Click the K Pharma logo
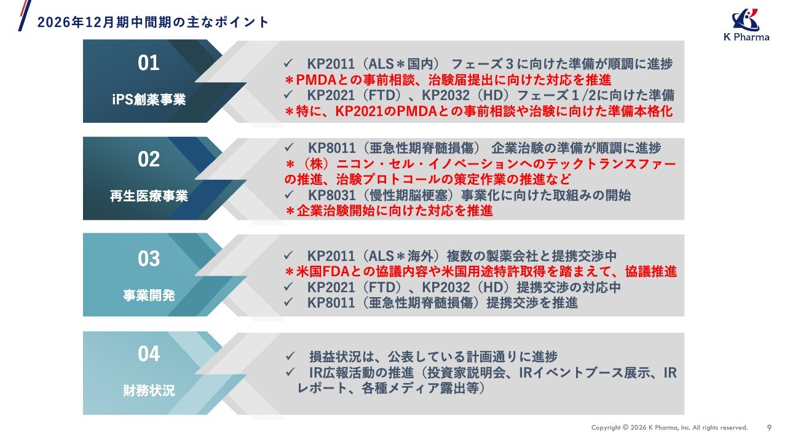(x=746, y=25)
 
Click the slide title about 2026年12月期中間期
(x=153, y=22)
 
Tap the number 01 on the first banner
(x=149, y=63)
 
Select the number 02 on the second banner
(x=149, y=159)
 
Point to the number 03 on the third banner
(x=149, y=258)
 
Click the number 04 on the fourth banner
(x=149, y=354)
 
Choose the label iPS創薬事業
(x=149, y=99)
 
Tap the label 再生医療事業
(x=149, y=196)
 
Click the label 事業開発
(x=149, y=295)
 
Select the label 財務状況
(x=149, y=390)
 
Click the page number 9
(x=769, y=428)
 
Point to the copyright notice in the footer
(x=670, y=428)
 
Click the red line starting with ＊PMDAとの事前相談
(x=448, y=80)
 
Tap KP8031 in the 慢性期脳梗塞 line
(x=331, y=195)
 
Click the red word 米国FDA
(x=317, y=271)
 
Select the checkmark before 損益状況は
(x=290, y=357)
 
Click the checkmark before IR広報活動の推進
(x=290, y=372)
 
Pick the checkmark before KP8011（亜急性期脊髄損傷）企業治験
(x=289, y=147)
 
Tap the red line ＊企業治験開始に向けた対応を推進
(x=389, y=211)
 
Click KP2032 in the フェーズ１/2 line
(x=446, y=95)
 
